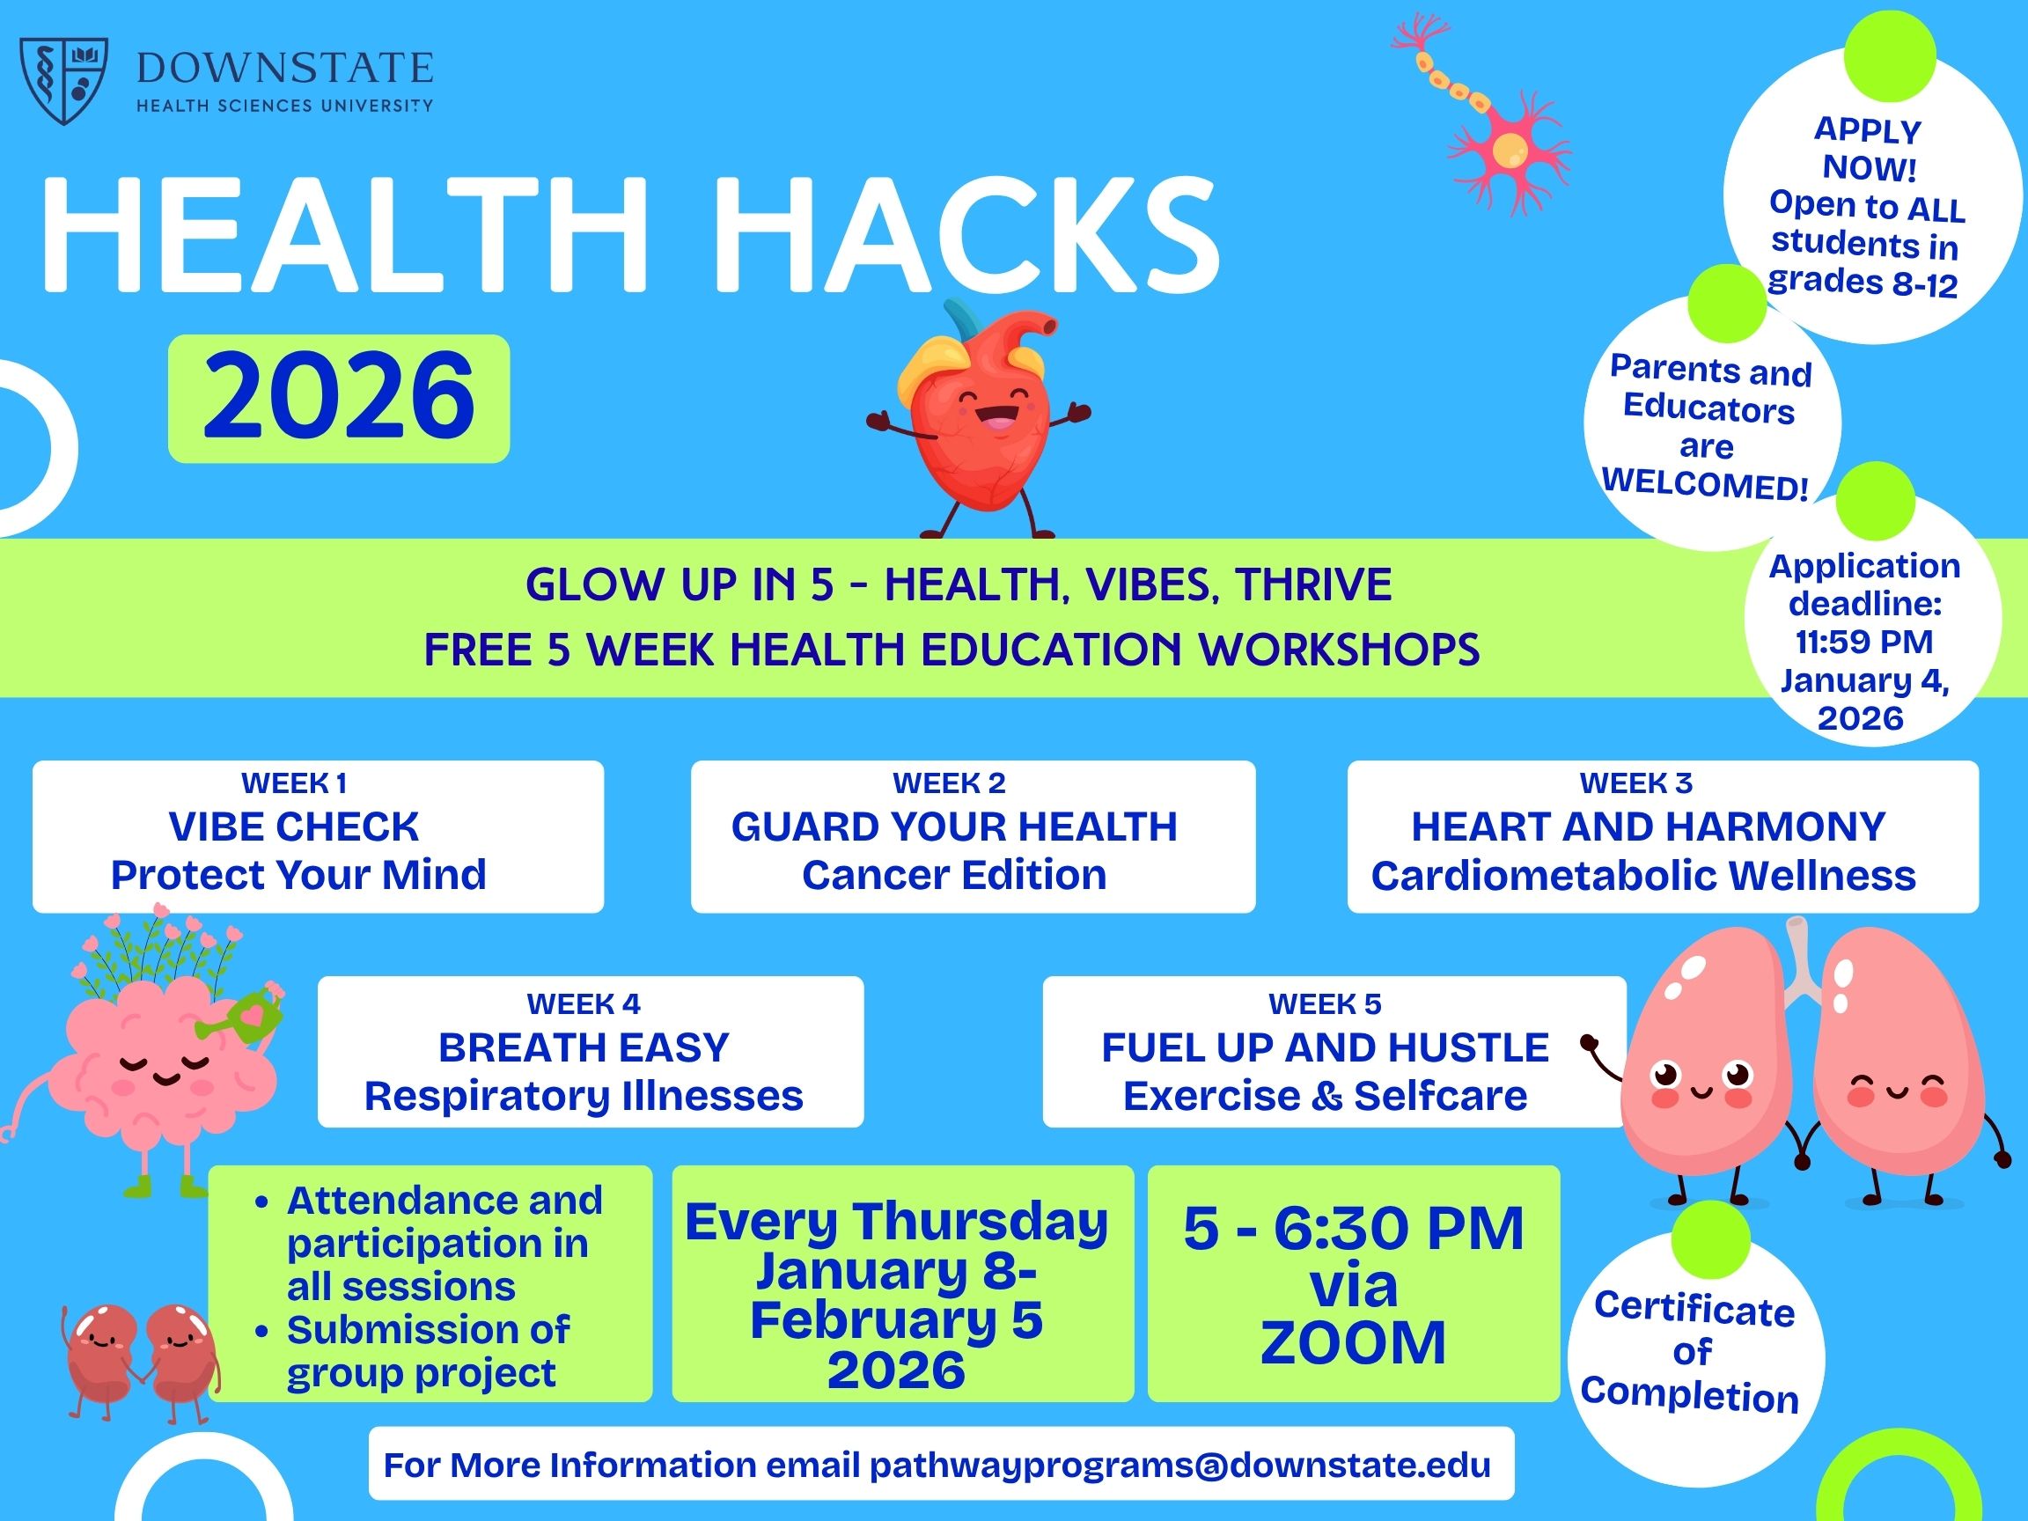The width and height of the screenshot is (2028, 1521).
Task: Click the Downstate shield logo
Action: pyautogui.click(x=63, y=80)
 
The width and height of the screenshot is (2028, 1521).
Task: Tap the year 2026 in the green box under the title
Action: pyautogui.click(x=338, y=397)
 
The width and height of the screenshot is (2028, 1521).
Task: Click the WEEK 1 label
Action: pyautogui.click(x=293, y=783)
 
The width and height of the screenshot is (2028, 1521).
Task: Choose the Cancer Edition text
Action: pyautogui.click(x=953, y=875)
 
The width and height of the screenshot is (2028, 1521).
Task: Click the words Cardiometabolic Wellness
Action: pyautogui.click(x=1643, y=876)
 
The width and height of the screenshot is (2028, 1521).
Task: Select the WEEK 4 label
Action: pyautogui.click(x=583, y=1004)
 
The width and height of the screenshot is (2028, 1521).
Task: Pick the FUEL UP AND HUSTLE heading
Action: pyautogui.click(x=1325, y=1047)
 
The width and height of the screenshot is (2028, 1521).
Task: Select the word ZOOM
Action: pyautogui.click(x=1352, y=1343)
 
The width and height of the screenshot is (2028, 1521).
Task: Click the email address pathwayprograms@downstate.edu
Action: pyautogui.click(x=1180, y=1464)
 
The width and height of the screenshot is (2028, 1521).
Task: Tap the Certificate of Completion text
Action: pyautogui.click(x=1693, y=1351)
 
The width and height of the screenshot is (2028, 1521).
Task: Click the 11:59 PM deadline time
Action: pyautogui.click(x=1864, y=641)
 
